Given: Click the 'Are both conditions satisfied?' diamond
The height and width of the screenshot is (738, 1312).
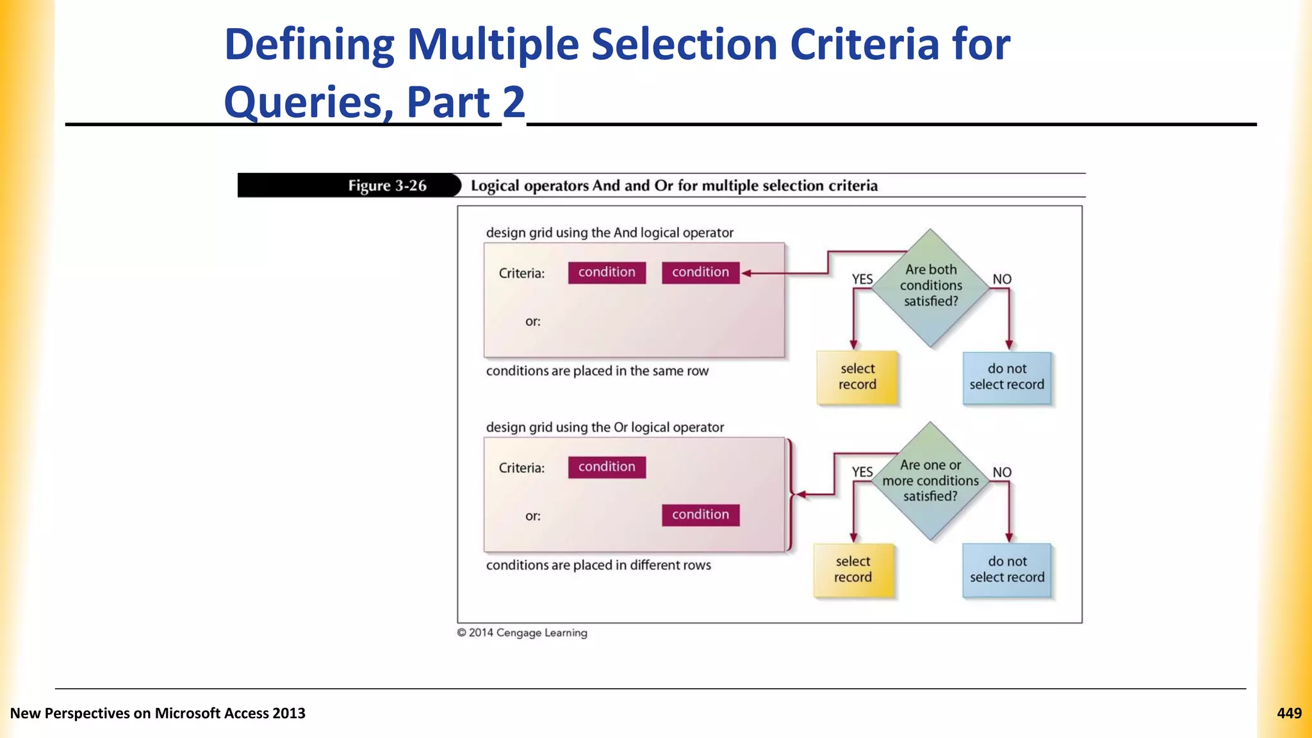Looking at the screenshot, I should pos(930,286).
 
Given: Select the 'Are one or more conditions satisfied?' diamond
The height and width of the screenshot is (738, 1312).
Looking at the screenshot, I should pos(930,481).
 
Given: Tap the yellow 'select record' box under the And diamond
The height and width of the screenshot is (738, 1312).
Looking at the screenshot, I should pos(857,377).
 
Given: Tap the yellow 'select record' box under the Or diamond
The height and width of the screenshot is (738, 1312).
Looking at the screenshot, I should pos(853,570).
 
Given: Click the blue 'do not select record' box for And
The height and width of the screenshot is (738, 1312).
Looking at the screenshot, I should pos(1007,377).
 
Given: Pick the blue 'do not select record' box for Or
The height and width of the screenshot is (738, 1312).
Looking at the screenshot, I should pos(1007,570).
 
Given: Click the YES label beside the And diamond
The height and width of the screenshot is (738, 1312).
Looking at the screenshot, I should pos(862,279).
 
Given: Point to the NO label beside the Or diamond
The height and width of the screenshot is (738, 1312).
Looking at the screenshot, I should pos(1002,473).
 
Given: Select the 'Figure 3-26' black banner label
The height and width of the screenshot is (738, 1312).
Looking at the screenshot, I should pos(387,186).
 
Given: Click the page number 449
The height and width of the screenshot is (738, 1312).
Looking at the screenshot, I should pos(1289,714).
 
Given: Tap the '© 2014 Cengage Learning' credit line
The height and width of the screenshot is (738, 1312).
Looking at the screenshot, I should pos(522,633).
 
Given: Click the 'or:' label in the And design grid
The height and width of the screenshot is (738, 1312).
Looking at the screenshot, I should pos(533,322).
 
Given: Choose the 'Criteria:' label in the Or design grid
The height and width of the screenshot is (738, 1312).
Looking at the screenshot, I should pos(521,468).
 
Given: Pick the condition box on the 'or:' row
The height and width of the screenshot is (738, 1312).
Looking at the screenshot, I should pos(700,515).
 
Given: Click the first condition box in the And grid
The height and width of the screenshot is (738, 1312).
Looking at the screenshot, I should pos(607,272).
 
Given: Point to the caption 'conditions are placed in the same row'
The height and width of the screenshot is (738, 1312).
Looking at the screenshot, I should pos(597,372).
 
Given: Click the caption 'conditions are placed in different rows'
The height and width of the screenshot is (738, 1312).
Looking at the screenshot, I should pos(598,566).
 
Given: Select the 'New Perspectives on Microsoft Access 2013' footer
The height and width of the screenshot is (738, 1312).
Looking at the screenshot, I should pos(158,714).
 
